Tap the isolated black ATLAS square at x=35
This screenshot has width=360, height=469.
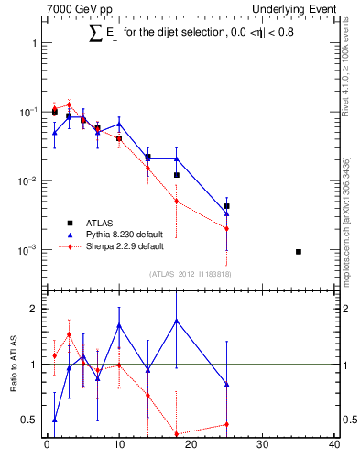tap(299, 251)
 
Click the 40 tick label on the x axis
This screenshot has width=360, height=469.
tap(334, 445)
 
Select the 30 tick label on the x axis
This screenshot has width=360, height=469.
tap(263, 445)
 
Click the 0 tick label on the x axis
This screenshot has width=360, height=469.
tap(47, 445)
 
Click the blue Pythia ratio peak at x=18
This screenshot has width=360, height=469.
tap(176, 321)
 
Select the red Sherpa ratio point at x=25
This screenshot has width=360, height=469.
tap(226, 424)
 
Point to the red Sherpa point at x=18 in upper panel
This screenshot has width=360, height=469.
tap(176, 201)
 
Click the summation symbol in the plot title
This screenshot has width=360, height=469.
tap(95, 34)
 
